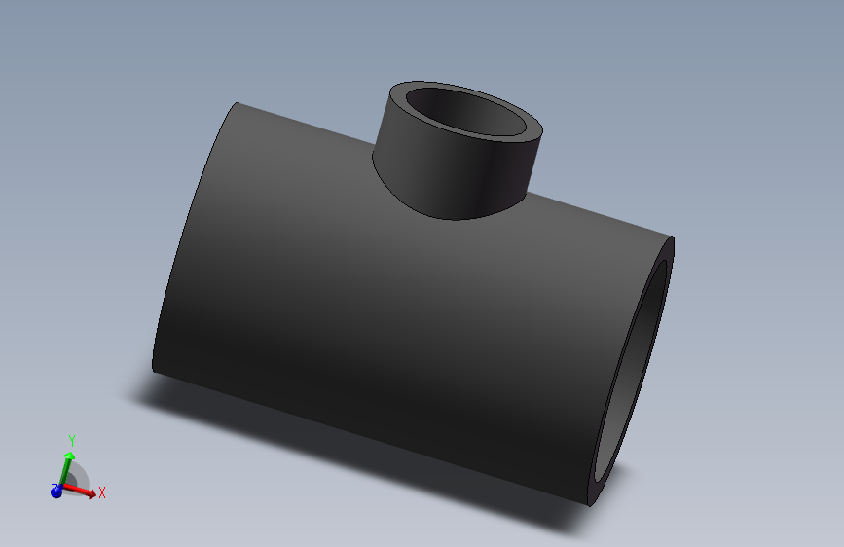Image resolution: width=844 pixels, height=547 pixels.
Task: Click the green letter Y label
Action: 71,442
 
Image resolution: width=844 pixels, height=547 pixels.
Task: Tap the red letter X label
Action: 101,492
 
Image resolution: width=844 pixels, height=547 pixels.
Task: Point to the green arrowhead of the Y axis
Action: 69,456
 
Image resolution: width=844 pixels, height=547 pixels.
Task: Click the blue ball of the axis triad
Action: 56,492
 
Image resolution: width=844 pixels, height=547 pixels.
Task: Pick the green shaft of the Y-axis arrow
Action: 64,471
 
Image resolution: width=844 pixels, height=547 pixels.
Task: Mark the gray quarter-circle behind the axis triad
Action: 79,477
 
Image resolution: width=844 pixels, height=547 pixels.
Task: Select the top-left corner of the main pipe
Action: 237,103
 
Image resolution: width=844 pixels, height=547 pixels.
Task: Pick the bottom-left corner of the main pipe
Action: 154,371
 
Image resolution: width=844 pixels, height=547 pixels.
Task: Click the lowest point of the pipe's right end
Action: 591,505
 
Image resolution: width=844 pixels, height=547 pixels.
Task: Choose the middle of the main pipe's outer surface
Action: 389,311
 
